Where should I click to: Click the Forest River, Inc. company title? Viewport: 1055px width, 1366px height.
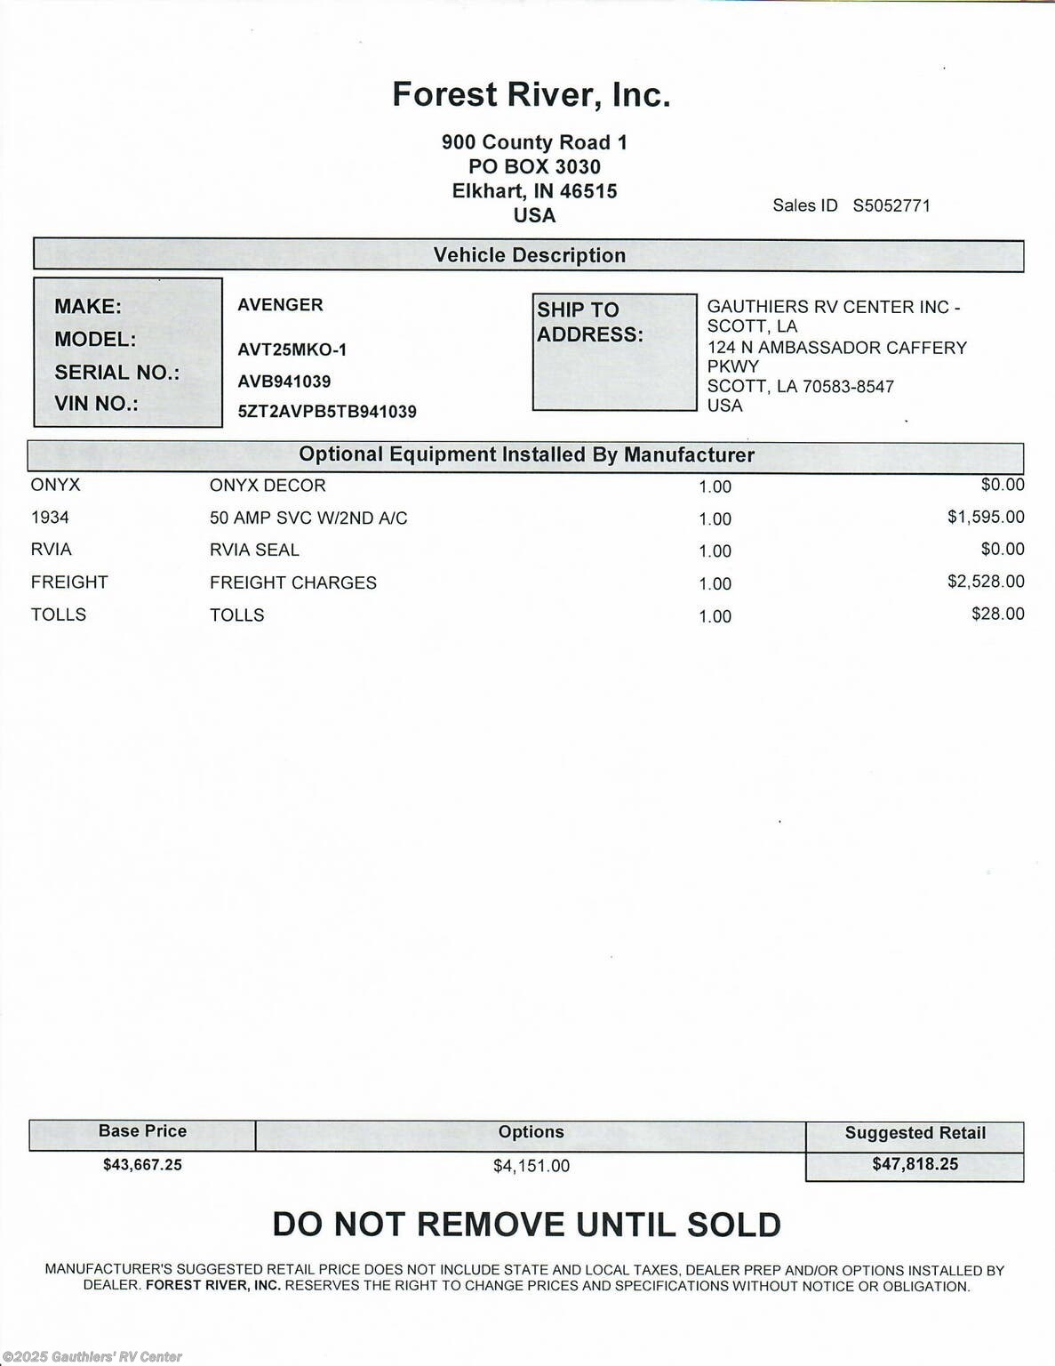coord(531,94)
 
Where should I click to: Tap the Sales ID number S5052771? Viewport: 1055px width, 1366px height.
coord(891,205)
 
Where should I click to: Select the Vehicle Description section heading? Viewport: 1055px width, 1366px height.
coord(529,255)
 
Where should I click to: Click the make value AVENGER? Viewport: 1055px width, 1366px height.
coord(280,305)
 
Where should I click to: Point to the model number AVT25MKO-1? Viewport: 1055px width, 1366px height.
coord(292,350)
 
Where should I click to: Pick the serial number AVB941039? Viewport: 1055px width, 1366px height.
coord(284,382)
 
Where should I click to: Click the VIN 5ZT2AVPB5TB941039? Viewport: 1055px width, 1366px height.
coord(326,412)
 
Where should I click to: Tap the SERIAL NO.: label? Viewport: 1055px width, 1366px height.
coord(116,373)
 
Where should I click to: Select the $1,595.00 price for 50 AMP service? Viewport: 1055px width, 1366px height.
coord(985,517)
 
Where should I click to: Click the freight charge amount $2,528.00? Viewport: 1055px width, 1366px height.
coord(985,582)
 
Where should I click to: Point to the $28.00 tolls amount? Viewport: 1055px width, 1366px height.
coord(997,614)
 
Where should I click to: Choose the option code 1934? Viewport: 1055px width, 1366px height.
coord(50,518)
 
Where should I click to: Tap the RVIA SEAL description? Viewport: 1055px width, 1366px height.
coord(254,550)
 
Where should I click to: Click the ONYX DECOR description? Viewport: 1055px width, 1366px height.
coord(268,486)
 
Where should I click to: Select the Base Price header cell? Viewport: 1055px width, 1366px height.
coord(142,1131)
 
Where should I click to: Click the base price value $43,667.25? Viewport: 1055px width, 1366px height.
coord(142,1164)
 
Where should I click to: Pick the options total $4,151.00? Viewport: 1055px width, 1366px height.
coord(531,1165)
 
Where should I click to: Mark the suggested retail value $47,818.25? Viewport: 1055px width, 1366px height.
coord(915,1164)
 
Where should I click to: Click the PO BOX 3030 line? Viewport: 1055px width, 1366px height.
coord(534,166)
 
